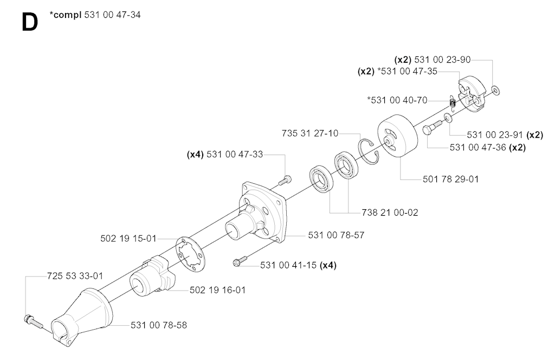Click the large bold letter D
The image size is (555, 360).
pos(30,22)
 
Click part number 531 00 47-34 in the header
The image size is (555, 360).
pos(113,15)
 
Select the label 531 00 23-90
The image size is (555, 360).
pos(442,60)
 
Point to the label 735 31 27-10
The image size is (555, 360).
pos(310,133)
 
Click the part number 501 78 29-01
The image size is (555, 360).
pos(450,179)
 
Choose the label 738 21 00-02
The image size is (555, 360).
pos(390,213)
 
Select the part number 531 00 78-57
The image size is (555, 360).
pos(336,235)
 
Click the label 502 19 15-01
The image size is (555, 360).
pos(128,239)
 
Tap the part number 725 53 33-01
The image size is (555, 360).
pos(75,276)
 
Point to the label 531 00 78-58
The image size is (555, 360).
pos(159,325)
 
